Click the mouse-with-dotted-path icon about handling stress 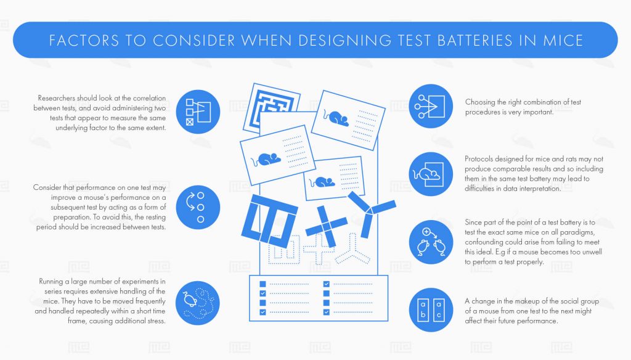[198, 301]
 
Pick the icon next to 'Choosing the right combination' [431, 106]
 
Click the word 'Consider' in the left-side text [45, 187]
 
